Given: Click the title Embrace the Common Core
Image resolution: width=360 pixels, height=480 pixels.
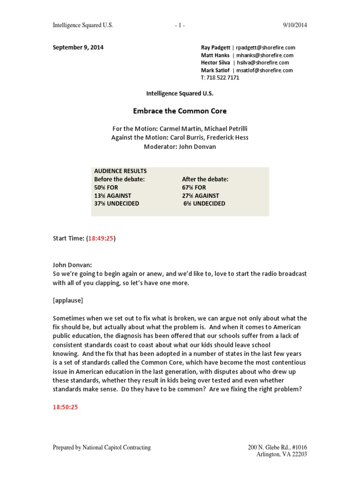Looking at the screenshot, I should click(x=180, y=111).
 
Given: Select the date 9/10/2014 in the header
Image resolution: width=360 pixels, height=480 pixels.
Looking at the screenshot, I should click(x=295, y=25).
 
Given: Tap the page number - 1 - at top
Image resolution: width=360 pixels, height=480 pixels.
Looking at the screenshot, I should click(x=180, y=25).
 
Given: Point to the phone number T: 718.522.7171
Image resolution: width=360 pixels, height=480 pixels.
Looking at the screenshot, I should click(x=220, y=78).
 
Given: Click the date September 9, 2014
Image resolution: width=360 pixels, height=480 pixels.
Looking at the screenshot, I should click(x=78, y=47).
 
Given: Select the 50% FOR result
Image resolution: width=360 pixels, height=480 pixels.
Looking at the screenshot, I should click(x=106, y=187).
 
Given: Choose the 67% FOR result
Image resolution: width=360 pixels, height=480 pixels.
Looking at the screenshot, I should click(x=194, y=187).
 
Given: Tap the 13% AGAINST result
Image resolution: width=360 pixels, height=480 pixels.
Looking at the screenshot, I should click(x=113, y=195).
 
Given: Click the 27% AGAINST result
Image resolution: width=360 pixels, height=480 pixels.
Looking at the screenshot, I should click(x=201, y=195).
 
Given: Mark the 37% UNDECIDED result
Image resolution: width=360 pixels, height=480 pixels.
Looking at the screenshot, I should click(x=117, y=203).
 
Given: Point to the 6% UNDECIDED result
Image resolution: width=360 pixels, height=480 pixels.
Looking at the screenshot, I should click(x=204, y=203).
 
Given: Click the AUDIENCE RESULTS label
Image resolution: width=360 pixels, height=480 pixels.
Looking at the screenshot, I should click(x=120, y=171).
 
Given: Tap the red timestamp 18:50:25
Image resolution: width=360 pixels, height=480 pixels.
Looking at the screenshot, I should click(x=65, y=407).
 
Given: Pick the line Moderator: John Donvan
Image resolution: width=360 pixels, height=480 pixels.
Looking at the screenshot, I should click(x=180, y=146).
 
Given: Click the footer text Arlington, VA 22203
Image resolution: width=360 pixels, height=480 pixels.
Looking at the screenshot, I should click(x=281, y=454).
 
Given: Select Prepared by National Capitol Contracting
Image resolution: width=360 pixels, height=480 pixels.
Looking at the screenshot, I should click(x=102, y=447).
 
